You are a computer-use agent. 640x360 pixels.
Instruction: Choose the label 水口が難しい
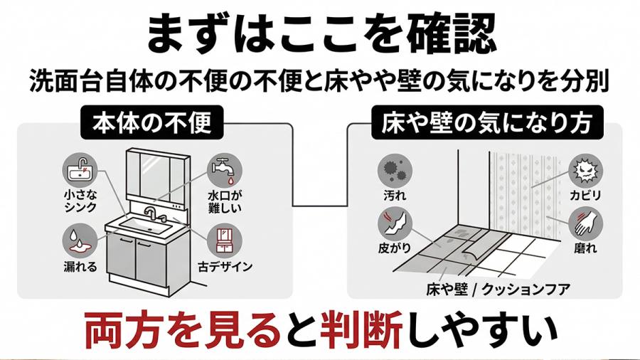pos(225,201)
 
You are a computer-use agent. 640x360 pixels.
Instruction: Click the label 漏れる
pos(79,267)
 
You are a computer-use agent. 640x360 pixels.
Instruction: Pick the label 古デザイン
pos(225,267)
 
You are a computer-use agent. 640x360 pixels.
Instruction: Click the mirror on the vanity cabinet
pos(156,177)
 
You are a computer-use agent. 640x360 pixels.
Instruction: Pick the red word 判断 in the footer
pos(362,329)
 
